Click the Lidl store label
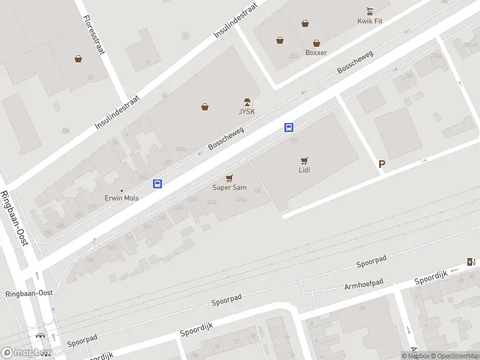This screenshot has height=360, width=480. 304,170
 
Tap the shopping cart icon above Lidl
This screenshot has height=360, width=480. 304,161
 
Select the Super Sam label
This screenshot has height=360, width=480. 229,188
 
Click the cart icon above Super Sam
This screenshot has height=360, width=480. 229,178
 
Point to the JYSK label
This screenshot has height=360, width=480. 247,112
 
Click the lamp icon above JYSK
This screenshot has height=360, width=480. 247,101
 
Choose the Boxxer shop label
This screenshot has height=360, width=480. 316,53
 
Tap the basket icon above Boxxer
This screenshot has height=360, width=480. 316,43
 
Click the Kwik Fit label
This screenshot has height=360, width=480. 370,21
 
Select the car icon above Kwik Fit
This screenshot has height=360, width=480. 370,11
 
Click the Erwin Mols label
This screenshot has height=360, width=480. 122,198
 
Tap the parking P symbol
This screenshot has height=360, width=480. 382,164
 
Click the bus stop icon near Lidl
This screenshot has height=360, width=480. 289,127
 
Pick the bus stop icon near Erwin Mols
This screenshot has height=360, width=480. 158,184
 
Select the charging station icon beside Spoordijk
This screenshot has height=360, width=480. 471,262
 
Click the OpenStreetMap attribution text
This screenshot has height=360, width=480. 453,356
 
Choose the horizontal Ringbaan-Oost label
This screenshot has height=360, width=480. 29,293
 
